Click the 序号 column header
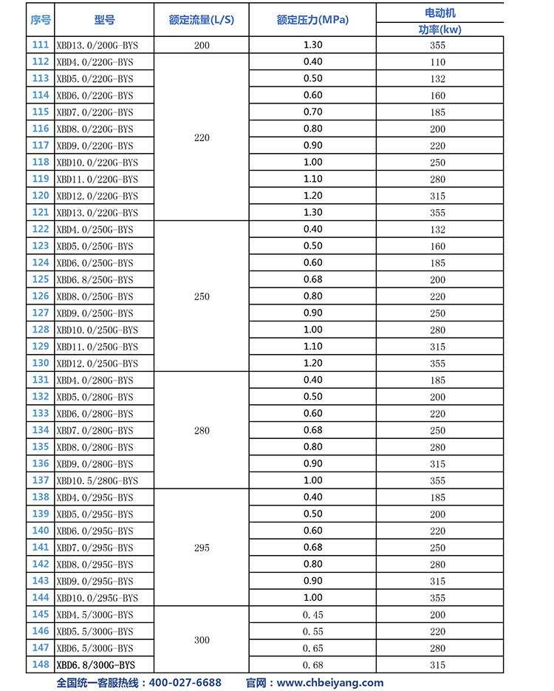point(41,20)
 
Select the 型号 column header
point(104,20)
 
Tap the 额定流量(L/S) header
point(202,20)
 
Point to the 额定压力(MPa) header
point(312,20)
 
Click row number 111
point(41,45)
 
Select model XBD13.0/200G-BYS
point(95,45)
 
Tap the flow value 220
point(202,137)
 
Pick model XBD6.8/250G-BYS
point(95,280)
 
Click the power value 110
point(437,62)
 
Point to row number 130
point(41,363)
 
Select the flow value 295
point(202,548)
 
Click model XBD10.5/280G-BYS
point(97,480)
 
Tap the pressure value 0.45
point(312,615)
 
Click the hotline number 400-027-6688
point(185,683)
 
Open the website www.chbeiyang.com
point(330,683)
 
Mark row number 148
point(41,664)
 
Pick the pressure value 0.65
point(312,648)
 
